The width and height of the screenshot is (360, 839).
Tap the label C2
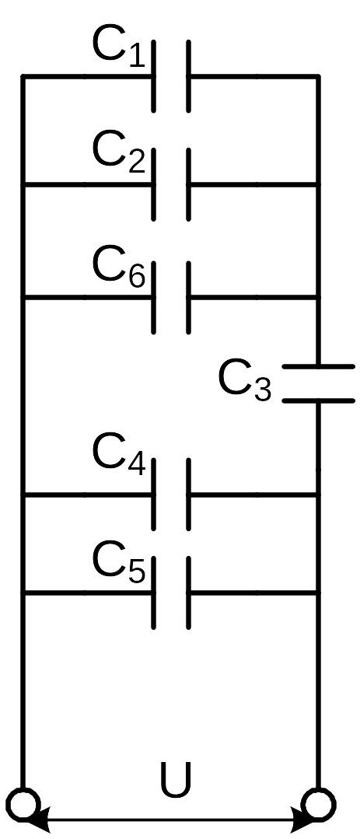(118, 153)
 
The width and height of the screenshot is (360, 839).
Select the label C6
(118, 267)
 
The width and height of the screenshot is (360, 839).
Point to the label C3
(245, 382)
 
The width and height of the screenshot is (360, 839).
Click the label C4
(118, 456)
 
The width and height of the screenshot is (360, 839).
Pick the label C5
(118, 564)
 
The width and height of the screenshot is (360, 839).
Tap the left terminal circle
(23, 804)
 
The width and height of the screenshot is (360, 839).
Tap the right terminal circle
(318, 804)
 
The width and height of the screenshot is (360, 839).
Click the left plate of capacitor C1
(154, 76)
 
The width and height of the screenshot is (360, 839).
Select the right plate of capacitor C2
(188, 184)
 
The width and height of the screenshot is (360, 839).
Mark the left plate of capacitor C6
(154, 298)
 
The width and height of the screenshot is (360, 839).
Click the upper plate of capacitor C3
(318, 366)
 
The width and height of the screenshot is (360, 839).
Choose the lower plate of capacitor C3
(318, 400)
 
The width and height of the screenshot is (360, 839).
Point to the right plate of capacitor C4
(188, 495)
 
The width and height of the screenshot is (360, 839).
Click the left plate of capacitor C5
(154, 593)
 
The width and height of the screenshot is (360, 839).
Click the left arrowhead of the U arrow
(37, 820)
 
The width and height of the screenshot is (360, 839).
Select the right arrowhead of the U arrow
(304, 820)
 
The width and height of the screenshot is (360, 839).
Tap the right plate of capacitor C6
(188, 298)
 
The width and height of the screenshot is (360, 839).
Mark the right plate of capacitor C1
(188, 76)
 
